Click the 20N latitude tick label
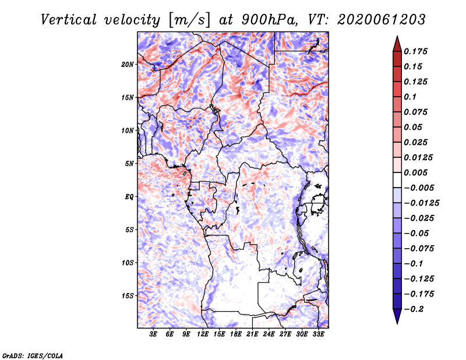pyautogui.click(x=128, y=64)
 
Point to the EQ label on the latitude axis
pyautogui.click(x=129, y=196)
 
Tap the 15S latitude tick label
pyautogui.click(x=128, y=295)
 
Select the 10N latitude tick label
pyautogui.click(x=128, y=130)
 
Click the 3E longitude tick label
pyautogui.click(x=154, y=334)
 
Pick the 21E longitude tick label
pyautogui.click(x=253, y=334)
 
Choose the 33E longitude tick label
pyautogui.click(x=319, y=334)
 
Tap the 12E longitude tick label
pyautogui.click(x=203, y=334)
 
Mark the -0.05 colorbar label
pyautogui.click(x=417, y=233)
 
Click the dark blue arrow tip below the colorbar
pyautogui.click(x=397, y=320)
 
